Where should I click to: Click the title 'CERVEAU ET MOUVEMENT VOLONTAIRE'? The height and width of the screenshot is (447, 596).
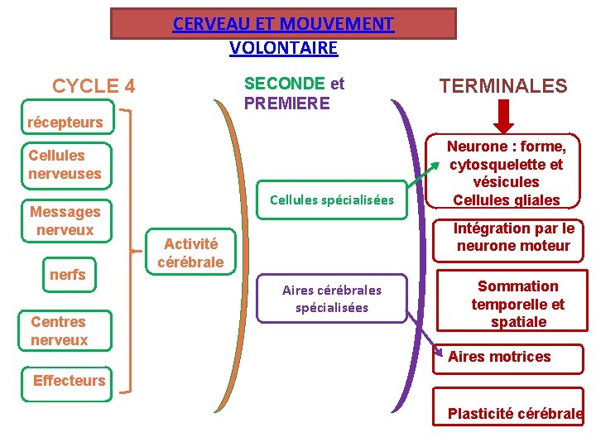click(283, 35)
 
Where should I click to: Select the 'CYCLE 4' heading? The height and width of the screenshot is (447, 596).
click(94, 86)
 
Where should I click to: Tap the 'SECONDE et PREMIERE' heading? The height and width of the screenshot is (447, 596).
click(294, 94)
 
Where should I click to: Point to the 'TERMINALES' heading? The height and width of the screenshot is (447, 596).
click(503, 86)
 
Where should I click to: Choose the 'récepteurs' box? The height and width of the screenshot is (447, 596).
click(65, 123)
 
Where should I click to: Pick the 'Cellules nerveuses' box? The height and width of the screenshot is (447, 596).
click(65, 164)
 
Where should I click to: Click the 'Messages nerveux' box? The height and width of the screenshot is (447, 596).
click(65, 221)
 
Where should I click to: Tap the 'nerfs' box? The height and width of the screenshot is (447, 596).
click(68, 275)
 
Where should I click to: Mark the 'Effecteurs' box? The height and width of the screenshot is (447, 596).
click(69, 381)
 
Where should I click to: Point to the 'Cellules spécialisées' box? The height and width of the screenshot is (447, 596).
click(332, 200)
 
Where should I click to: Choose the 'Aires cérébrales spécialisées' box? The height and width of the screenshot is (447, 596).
click(332, 299)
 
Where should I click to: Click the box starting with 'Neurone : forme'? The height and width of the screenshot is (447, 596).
click(506, 173)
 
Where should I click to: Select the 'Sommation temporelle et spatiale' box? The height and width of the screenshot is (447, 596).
click(518, 304)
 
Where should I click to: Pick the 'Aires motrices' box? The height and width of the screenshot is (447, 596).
click(506, 357)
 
